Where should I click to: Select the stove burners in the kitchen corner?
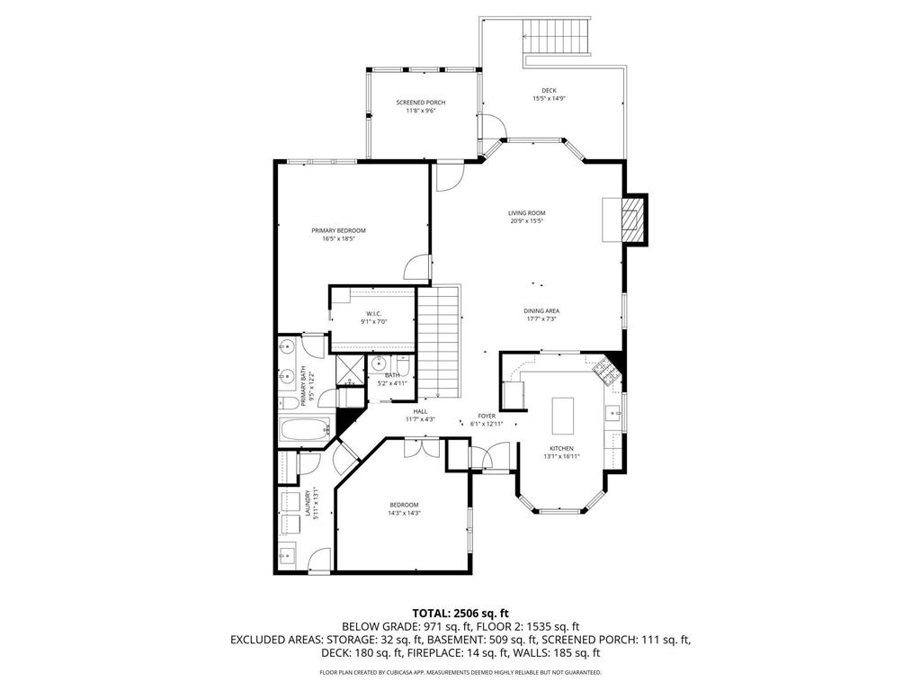click(x=604, y=370)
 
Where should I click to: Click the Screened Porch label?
click(x=421, y=103)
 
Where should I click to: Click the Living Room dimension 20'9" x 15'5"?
click(x=527, y=220)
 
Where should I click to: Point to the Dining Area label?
click(x=541, y=311)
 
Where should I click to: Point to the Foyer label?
click(x=487, y=416)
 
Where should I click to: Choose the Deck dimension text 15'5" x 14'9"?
click(x=549, y=98)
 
